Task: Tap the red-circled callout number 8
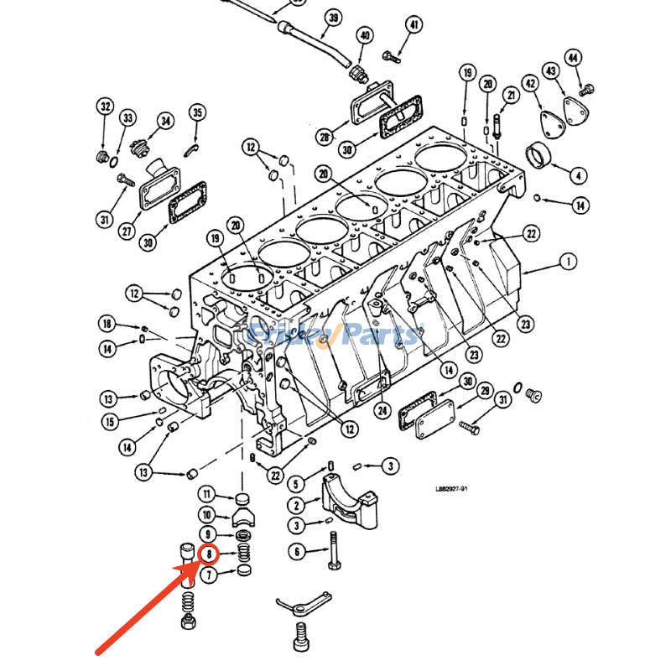[x=208, y=554]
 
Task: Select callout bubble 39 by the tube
[x=333, y=18]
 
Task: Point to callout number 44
[x=573, y=58]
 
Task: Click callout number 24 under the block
[x=382, y=410]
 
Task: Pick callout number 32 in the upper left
[x=104, y=107]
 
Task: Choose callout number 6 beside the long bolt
[x=296, y=551]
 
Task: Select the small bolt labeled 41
[x=392, y=57]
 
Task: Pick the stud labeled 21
[x=498, y=127]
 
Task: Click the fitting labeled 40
[x=361, y=70]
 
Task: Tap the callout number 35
[x=197, y=113]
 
